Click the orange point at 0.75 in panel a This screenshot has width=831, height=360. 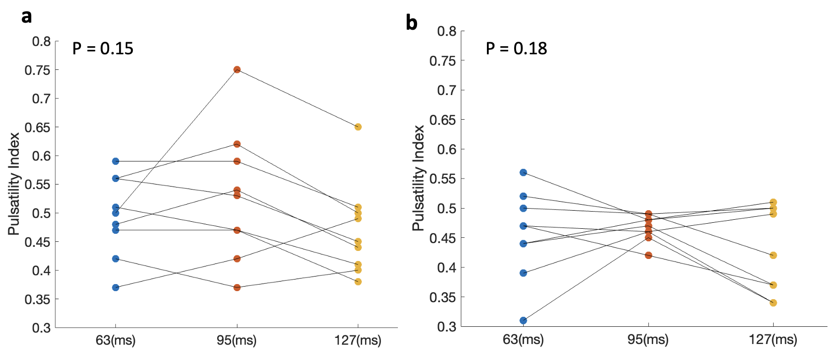click(x=237, y=69)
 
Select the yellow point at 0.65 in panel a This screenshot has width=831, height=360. click(x=358, y=127)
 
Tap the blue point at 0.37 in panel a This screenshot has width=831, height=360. click(x=116, y=288)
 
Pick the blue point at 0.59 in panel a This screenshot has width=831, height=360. click(x=116, y=161)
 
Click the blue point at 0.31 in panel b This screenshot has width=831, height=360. click(x=523, y=320)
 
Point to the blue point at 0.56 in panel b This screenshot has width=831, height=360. click(x=523, y=172)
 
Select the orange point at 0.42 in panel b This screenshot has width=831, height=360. click(x=648, y=255)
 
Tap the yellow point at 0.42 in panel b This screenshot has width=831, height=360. click(x=773, y=255)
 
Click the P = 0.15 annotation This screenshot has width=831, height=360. click(x=103, y=48)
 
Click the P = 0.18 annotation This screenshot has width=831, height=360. click(x=517, y=48)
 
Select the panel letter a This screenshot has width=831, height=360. click(x=27, y=17)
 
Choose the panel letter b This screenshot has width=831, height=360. click(x=411, y=23)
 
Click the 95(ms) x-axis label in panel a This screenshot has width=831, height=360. click(x=237, y=340)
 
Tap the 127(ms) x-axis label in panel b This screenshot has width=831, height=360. click(x=773, y=339)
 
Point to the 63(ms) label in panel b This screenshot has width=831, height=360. click(x=523, y=339)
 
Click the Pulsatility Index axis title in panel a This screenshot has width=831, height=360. click(x=14, y=184)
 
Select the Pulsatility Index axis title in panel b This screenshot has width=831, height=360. click(x=419, y=178)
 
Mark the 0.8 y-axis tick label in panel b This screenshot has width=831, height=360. click(x=447, y=31)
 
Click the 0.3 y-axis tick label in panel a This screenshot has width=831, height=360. click(x=42, y=328)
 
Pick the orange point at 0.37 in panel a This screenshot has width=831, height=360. click(x=237, y=288)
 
